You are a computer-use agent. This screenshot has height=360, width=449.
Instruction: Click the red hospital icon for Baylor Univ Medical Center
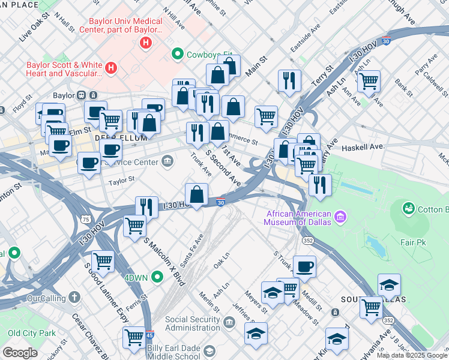(x=145, y=43)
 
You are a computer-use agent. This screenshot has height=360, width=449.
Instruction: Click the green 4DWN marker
(x=157, y=277)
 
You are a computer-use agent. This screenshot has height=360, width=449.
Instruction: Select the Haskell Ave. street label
(x=363, y=147)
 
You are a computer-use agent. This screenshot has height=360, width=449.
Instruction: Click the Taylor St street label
(x=121, y=179)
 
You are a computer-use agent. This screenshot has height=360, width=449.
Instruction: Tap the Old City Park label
(x=31, y=333)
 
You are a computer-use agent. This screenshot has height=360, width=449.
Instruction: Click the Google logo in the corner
(x=20, y=353)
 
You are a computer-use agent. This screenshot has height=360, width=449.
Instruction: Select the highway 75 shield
(x=86, y=219)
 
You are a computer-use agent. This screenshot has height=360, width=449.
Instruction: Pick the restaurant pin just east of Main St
(x=289, y=80)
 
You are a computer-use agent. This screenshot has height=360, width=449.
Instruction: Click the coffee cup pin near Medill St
(x=304, y=266)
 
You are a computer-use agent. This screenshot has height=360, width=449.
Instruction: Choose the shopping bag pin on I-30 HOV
(x=196, y=193)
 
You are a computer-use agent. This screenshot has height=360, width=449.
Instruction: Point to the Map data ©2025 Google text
(x=412, y=355)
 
